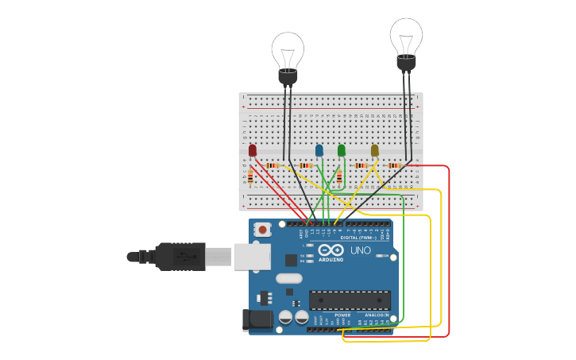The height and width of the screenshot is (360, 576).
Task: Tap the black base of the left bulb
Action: point(288,76)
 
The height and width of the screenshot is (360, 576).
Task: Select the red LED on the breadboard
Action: point(253,150)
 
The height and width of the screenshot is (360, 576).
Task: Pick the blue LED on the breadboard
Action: point(319,150)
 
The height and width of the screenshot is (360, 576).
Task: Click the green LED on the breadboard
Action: point(342,150)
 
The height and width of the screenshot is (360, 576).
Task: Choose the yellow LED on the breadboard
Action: point(375,150)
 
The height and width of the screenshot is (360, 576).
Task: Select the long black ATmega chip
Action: point(350,300)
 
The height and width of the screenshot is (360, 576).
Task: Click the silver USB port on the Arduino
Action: point(252,257)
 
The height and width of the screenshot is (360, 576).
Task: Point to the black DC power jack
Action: point(256,319)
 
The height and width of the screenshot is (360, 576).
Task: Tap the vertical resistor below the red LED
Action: point(250,177)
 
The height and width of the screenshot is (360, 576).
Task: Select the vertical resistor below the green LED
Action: point(339,177)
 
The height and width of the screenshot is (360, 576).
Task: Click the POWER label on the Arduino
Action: point(342,315)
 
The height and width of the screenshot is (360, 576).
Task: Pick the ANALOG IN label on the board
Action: point(376,315)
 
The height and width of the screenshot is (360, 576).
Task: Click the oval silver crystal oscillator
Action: point(289,279)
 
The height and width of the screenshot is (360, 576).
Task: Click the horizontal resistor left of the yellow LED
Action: point(361,165)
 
